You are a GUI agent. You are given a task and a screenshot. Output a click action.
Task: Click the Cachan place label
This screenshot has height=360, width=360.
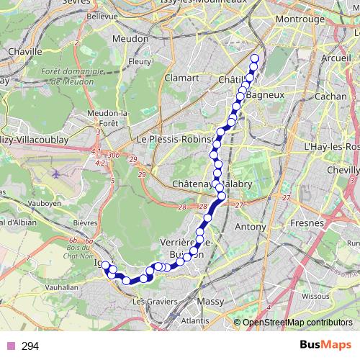(330, 96)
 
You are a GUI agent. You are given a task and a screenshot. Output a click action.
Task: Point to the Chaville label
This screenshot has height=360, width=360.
(24, 52)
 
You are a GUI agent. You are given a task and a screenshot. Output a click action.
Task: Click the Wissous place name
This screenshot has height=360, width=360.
(315, 295)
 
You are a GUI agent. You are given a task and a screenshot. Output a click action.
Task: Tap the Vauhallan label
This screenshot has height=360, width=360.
(60, 287)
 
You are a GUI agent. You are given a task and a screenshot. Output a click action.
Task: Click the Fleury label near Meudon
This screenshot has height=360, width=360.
(139, 62)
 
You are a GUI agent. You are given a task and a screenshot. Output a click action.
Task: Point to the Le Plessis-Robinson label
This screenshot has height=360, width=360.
(176, 139)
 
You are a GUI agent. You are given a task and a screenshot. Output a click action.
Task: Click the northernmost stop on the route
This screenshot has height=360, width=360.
(254, 59)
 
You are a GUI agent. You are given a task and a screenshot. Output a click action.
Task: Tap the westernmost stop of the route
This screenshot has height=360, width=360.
(105, 266)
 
